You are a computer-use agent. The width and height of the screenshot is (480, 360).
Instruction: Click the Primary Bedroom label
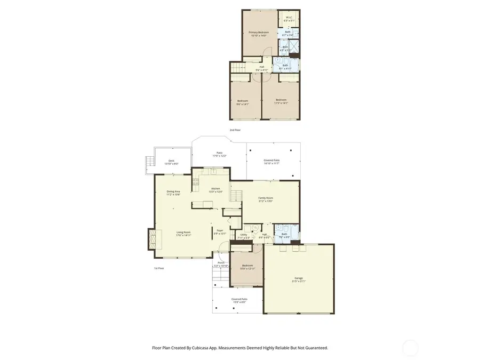(258, 33)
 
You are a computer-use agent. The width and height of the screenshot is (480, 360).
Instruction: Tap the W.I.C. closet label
(289, 17)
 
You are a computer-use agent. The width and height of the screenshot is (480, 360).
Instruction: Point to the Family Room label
(266, 198)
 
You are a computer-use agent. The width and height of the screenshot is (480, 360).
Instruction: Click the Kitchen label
(215, 188)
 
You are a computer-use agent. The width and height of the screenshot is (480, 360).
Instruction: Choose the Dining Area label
(173, 191)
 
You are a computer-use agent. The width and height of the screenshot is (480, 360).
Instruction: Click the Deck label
(171, 161)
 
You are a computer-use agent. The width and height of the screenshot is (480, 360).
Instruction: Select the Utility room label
(244, 235)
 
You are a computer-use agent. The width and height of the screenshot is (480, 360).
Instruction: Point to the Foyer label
(220, 231)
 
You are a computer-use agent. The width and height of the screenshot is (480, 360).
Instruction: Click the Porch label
(220, 263)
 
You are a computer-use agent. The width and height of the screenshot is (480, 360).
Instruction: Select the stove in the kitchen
(196, 183)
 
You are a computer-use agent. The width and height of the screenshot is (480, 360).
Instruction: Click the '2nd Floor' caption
(235, 130)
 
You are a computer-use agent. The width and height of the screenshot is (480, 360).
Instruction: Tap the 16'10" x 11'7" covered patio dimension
(271, 164)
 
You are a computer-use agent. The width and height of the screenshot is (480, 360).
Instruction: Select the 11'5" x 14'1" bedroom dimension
(281, 103)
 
